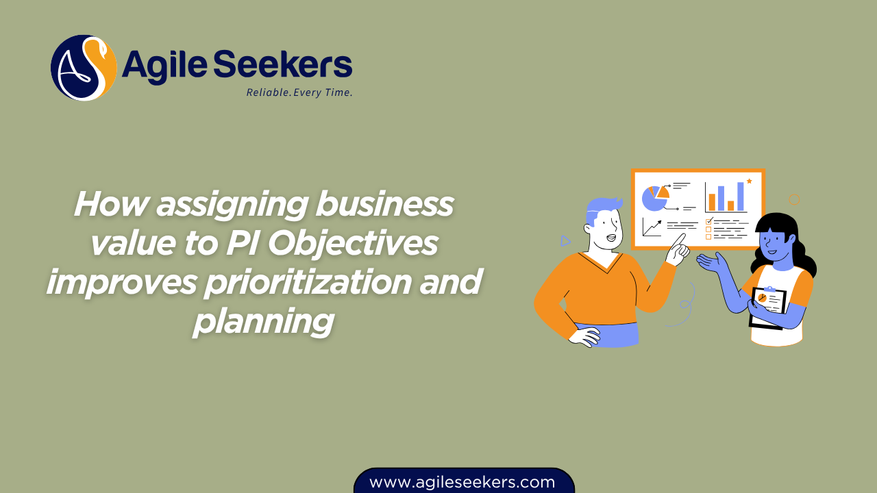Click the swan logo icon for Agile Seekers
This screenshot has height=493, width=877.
(x=84, y=68)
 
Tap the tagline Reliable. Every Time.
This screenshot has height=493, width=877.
(x=299, y=92)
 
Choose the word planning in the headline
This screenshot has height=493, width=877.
(x=264, y=321)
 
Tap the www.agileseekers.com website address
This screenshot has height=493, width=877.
(x=462, y=482)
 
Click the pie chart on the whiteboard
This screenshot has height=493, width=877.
(x=654, y=197)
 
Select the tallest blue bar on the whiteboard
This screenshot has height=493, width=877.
(x=741, y=196)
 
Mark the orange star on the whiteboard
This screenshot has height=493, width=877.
(x=750, y=181)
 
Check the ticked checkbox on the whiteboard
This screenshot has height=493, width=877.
(x=709, y=221)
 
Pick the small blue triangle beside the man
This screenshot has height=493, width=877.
(x=565, y=240)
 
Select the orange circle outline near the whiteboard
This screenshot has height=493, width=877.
(x=795, y=200)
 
